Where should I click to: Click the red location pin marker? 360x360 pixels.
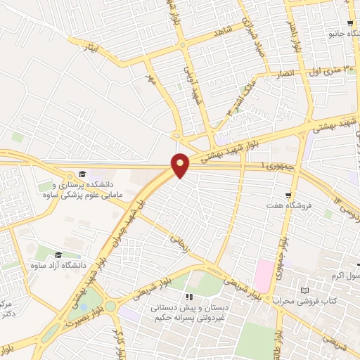point(181,165)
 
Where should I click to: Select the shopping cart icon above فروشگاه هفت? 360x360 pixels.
point(288,195)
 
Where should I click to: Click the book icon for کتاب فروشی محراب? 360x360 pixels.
point(304,290)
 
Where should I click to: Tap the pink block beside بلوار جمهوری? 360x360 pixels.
point(263,275)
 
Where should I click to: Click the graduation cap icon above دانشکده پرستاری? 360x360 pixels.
point(82,174)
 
